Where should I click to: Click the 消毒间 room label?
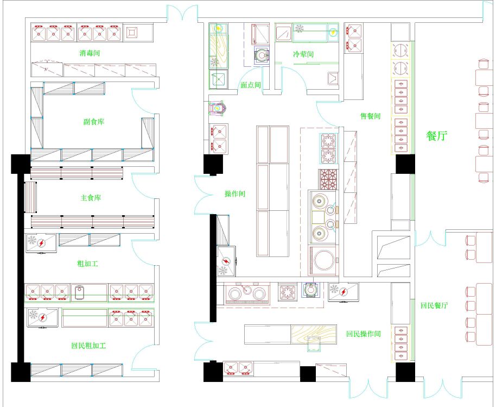pos(90,53)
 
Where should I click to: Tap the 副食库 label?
pos(94,122)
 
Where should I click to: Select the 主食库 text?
pos(91,198)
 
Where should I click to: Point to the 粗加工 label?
pos(87,263)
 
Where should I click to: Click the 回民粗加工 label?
pos(88,345)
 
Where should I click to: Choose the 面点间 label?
pos(251,85)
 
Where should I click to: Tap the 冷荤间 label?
pos(303,54)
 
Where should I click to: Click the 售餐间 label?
pos(371,116)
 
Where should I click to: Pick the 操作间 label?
pos(235,193)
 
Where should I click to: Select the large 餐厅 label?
pos(437,136)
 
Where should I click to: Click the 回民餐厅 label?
pos(434,305)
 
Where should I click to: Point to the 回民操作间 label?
pos(364,334)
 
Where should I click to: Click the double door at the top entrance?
pos(182,13)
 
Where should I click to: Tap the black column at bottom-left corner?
pos(21,372)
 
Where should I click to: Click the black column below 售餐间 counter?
pos(405,164)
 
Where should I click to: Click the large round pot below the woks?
pos(323,260)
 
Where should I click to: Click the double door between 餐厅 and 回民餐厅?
pos(430,239)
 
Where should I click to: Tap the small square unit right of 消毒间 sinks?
pos(131,32)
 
